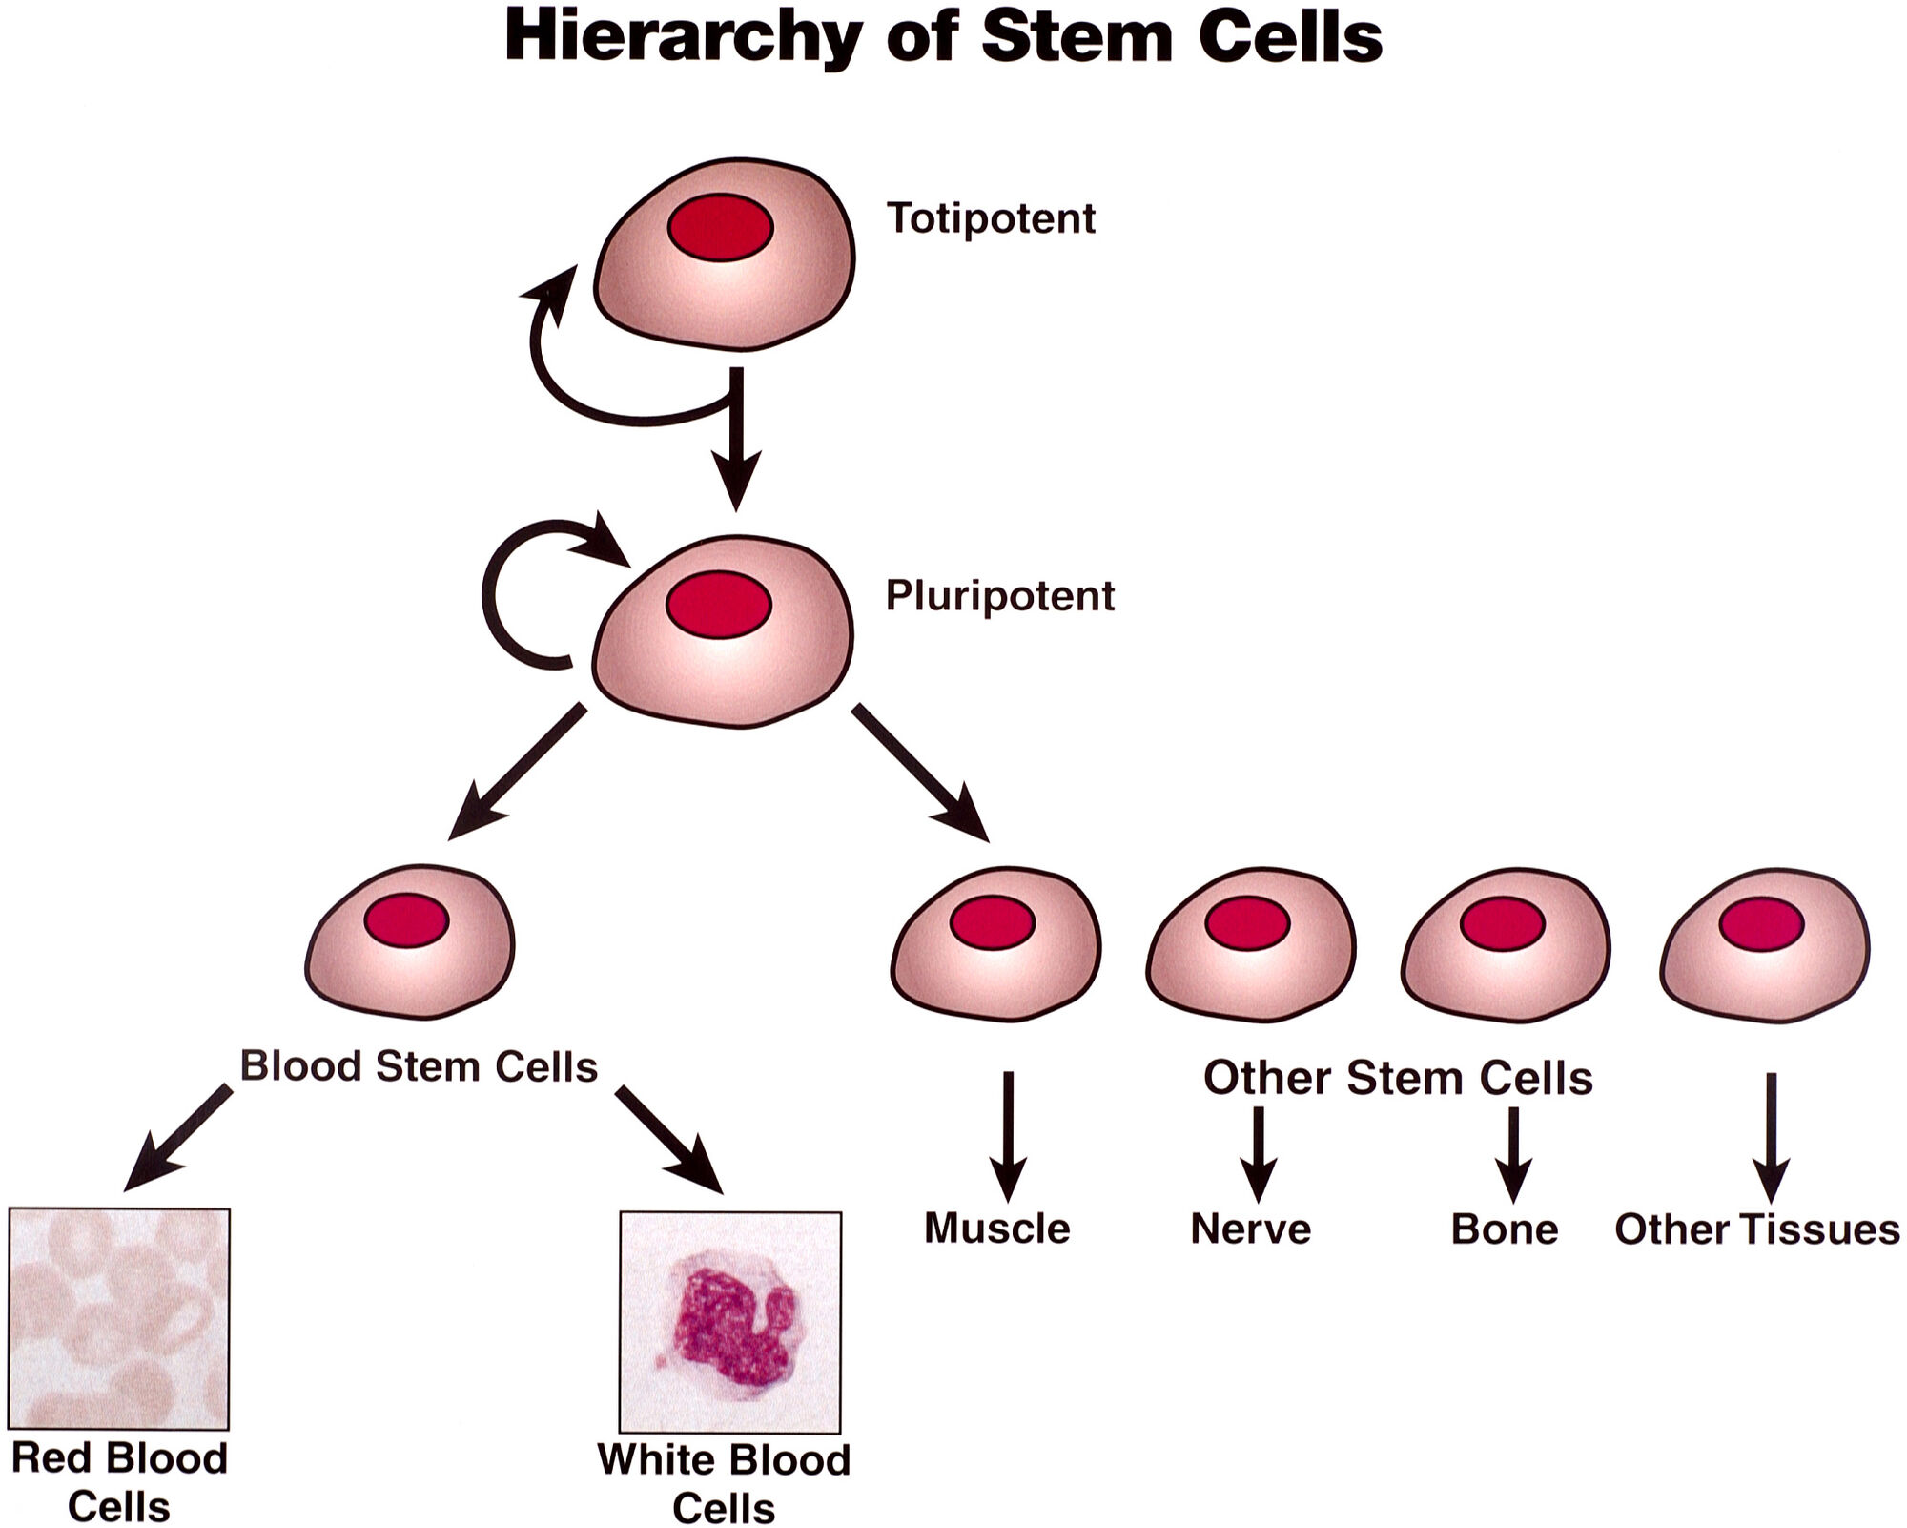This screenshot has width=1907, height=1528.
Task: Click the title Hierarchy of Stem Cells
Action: pyautogui.click(x=943, y=38)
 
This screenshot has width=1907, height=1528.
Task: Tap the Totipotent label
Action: pyautogui.click(x=991, y=218)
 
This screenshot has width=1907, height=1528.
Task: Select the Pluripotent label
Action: pyautogui.click(x=999, y=596)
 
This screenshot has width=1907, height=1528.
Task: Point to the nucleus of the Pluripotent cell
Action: pyautogui.click(x=718, y=605)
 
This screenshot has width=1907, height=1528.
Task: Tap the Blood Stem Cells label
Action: pyautogui.click(x=419, y=1066)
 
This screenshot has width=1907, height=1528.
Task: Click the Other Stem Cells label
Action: pyautogui.click(x=1398, y=1078)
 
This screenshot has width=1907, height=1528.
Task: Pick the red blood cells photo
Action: pyautogui.click(x=119, y=1318)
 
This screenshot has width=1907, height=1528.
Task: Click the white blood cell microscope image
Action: pyautogui.click(x=730, y=1322)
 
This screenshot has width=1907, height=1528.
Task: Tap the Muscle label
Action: pyautogui.click(x=996, y=1229)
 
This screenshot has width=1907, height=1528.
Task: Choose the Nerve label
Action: pyautogui.click(x=1250, y=1229)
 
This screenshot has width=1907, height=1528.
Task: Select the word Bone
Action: pyautogui.click(x=1504, y=1229)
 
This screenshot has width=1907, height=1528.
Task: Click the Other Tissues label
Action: pyautogui.click(x=1756, y=1229)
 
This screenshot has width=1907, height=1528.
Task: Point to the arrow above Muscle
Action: pyautogui.click(x=1008, y=1135)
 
